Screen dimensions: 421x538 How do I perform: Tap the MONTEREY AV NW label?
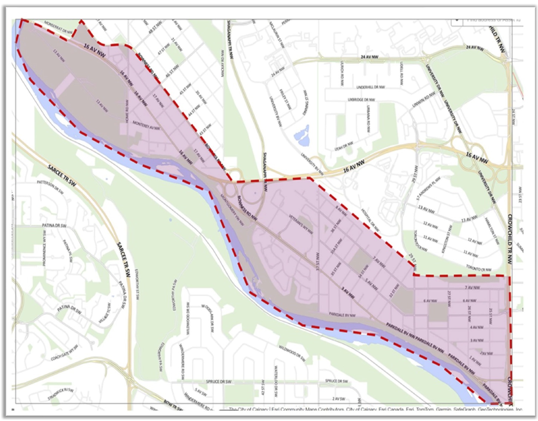[146, 126]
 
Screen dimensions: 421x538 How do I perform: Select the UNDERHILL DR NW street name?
[370, 87]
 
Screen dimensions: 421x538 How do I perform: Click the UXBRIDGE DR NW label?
[361, 100]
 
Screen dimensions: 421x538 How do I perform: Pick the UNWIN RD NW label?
[421, 101]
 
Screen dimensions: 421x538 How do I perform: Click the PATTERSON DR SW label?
[50, 187]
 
